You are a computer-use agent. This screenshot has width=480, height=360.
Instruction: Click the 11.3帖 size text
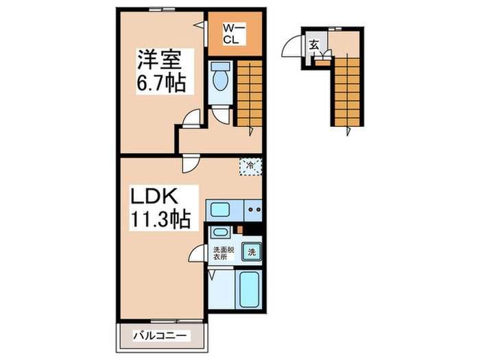[x=158, y=219]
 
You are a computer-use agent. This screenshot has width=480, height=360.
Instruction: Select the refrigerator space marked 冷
[x=250, y=165]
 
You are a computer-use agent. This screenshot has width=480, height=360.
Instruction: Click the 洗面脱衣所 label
[x=221, y=254]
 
